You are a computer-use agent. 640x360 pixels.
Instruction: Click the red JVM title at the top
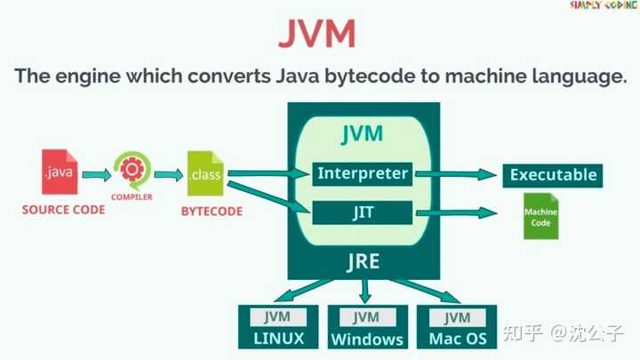[317, 35]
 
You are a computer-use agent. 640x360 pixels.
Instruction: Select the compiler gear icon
[132, 169]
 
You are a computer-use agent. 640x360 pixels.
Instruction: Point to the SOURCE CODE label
[63, 211]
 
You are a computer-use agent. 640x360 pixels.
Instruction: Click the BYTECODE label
[212, 212]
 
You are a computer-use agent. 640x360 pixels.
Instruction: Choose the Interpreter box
[362, 173]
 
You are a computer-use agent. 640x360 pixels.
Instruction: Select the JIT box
[362, 212]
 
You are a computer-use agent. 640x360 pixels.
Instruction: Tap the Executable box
[552, 175]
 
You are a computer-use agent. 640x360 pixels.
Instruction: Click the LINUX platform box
[278, 327]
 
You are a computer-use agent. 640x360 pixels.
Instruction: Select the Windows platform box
[367, 327]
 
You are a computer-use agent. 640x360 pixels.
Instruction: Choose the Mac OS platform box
[457, 327]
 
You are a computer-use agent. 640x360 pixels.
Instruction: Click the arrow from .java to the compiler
[95, 174]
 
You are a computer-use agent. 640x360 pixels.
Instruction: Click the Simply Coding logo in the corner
[601, 7]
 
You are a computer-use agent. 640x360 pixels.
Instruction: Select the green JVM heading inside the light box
[362, 134]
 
